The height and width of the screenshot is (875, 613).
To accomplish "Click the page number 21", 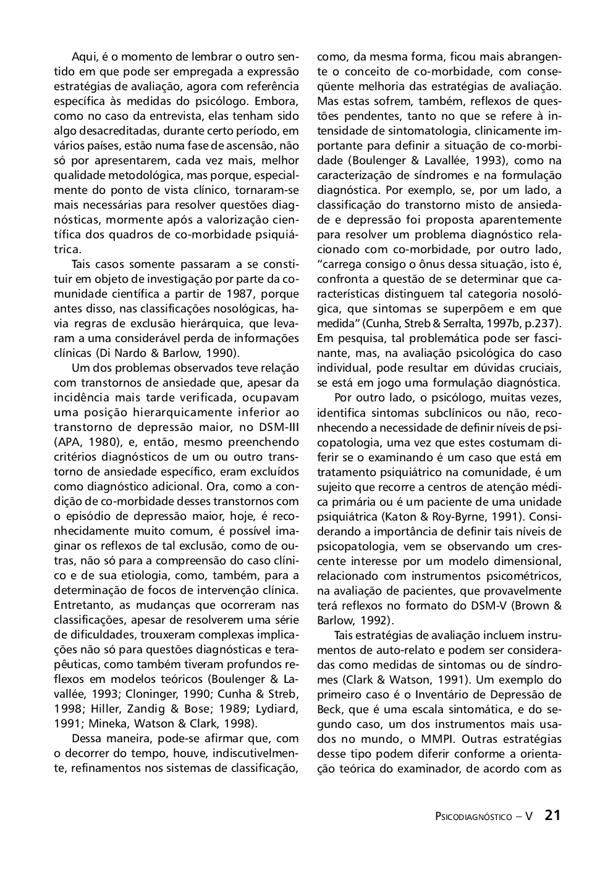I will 552,815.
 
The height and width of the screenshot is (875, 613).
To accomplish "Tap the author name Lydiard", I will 276,709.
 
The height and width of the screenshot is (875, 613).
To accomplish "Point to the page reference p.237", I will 543,324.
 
